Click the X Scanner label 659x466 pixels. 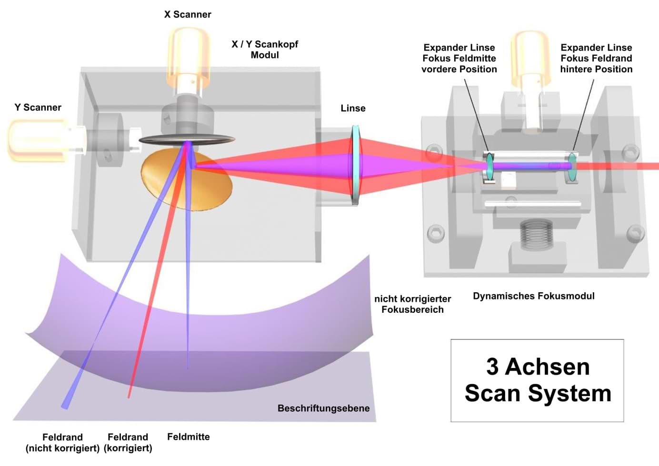[x=188, y=14]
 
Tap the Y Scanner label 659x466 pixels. [x=38, y=107]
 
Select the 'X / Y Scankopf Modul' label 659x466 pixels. [x=265, y=49]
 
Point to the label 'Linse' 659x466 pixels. [x=353, y=108]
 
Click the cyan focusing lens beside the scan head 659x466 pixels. [x=356, y=164]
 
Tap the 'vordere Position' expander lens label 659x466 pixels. [x=459, y=59]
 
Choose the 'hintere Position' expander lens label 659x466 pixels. [x=596, y=59]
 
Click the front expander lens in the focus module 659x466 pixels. [x=489, y=167]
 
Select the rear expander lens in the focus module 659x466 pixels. [x=571, y=167]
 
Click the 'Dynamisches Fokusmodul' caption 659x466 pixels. [x=533, y=296]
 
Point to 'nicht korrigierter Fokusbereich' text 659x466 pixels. [x=412, y=304]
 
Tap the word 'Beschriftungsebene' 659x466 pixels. [x=323, y=408]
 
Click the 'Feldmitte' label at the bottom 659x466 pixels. [x=188, y=436]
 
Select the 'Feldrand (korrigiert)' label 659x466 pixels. [x=128, y=443]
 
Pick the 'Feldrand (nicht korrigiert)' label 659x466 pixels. [x=62, y=443]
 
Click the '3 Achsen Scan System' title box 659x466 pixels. [x=537, y=380]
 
